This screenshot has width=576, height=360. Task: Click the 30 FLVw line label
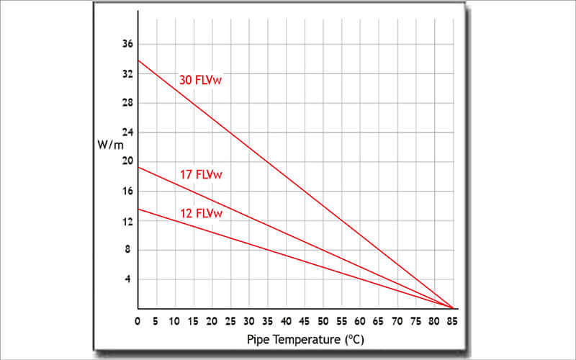click(200, 80)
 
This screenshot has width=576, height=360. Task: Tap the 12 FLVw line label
click(200, 213)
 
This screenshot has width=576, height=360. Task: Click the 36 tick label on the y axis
click(128, 44)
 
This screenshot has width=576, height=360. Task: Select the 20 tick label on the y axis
click(128, 162)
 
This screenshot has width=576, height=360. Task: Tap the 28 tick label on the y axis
click(128, 103)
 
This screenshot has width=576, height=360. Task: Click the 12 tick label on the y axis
click(128, 221)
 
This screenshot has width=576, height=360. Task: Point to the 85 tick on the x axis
click(454, 319)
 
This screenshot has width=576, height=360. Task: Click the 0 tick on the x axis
click(138, 319)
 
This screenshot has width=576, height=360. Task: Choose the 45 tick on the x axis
click(305, 319)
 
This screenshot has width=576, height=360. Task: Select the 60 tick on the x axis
click(361, 319)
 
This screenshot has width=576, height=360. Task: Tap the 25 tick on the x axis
click(230, 319)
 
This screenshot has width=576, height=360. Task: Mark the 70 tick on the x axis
click(397, 319)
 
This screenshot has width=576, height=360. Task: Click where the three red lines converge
click(453, 308)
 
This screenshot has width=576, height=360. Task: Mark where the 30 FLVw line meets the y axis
click(138, 60)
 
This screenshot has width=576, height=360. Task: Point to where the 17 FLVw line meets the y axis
click(138, 167)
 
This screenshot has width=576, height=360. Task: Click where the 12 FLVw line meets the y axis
click(138, 209)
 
